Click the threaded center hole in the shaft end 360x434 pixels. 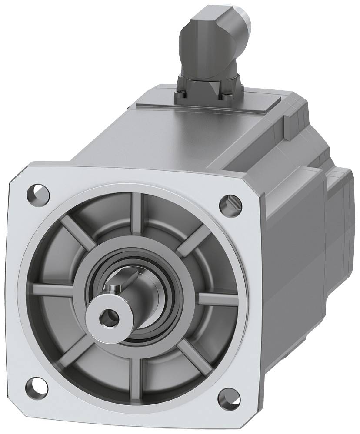click(106, 319)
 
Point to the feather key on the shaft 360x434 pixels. click(114, 288)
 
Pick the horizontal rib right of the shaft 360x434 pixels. click(217, 299)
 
